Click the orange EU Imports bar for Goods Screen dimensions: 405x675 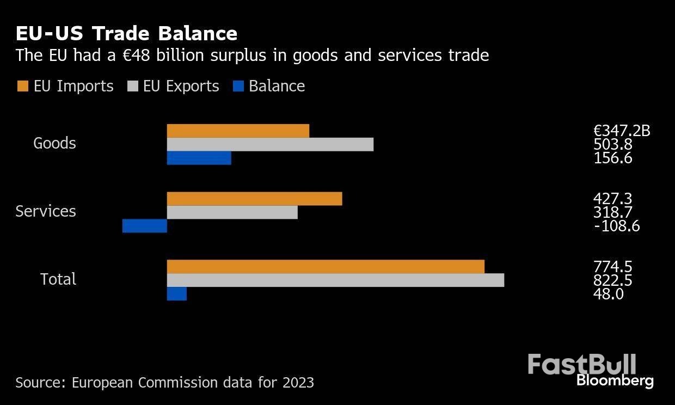[238, 131]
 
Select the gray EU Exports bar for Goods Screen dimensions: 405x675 [270, 144]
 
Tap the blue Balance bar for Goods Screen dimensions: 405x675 [199, 158]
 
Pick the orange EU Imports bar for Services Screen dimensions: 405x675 [254, 199]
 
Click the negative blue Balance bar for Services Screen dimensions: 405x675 [144, 226]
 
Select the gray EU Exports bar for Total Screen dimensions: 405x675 [335, 280]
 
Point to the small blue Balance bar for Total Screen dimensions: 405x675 [176, 294]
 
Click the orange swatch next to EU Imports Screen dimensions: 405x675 [22, 86]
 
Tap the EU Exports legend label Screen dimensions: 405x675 [181, 86]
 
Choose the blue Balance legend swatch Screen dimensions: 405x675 [238, 86]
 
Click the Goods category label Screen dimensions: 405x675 [54, 143]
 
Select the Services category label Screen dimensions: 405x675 [46, 211]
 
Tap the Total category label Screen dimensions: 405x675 [58, 279]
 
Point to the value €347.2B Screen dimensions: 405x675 [622, 131]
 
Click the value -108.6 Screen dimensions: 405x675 [617, 226]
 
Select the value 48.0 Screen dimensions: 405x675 [608, 294]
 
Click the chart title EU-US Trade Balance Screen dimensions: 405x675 [126, 34]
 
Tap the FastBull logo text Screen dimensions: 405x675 [581, 364]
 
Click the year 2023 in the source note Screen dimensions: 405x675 [298, 383]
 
